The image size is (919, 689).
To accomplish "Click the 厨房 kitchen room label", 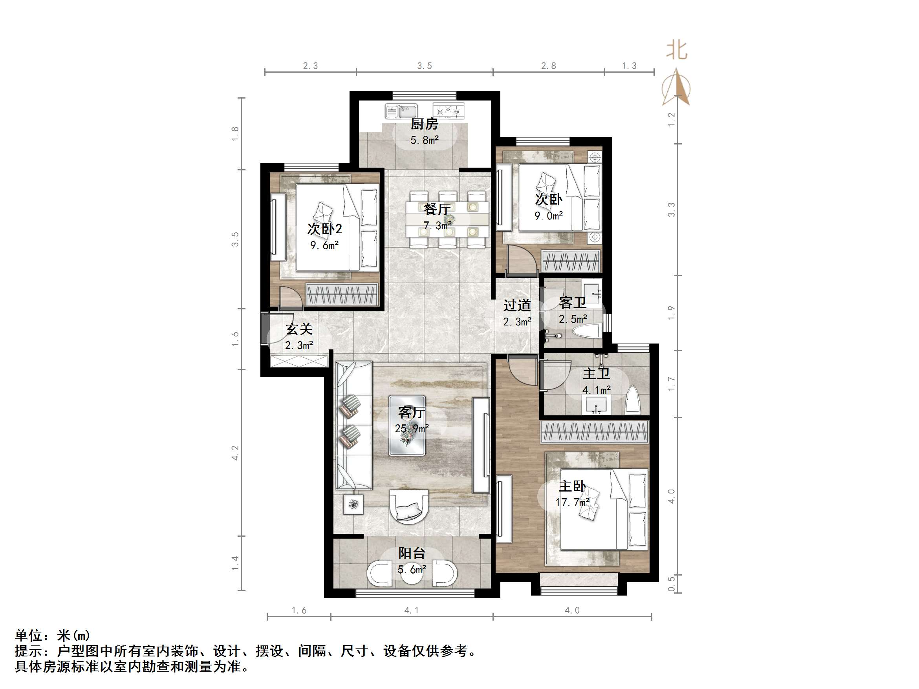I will pyautogui.click(x=424, y=124).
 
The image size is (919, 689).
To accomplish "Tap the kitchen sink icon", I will pyautogui.click(x=401, y=111).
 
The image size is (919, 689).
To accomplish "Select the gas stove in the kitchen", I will pyautogui.click(x=448, y=111).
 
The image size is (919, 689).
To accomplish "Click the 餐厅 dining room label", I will pyautogui.click(x=437, y=209).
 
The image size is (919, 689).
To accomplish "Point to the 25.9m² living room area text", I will pyautogui.click(x=411, y=428).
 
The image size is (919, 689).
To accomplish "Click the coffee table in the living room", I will pyautogui.click(x=407, y=425).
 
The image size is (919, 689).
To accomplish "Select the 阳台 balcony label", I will pyautogui.click(x=411, y=553).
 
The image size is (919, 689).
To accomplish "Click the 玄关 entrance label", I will pyautogui.click(x=299, y=329).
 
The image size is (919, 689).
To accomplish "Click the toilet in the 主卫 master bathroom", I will pyautogui.click(x=633, y=400).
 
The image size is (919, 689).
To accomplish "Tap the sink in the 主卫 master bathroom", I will pyautogui.click(x=596, y=405).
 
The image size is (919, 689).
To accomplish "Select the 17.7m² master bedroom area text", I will pyautogui.click(x=572, y=503).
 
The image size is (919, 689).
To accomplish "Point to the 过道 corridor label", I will pyautogui.click(x=517, y=306).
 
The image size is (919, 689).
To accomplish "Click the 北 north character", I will pyautogui.click(x=677, y=50).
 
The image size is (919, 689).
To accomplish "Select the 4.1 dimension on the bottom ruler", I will pyautogui.click(x=411, y=610).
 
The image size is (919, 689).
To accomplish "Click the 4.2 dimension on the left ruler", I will pyautogui.click(x=235, y=453).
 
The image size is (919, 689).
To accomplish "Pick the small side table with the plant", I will pyautogui.click(x=353, y=504).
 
